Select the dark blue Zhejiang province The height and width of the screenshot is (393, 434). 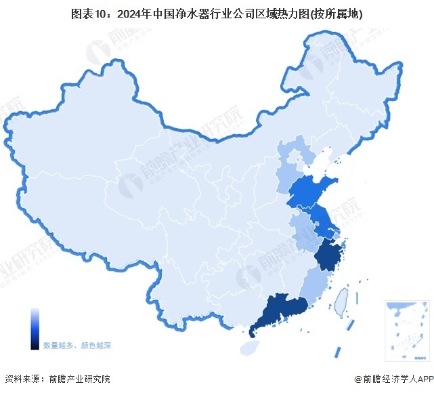pyautogui.click(x=329, y=256)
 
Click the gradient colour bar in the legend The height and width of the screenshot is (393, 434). pyautogui.click(x=34, y=329)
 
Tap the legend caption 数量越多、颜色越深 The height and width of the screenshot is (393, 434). pyautogui.click(x=77, y=345)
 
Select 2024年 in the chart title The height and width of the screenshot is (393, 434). pyautogui.click(x=135, y=14)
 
